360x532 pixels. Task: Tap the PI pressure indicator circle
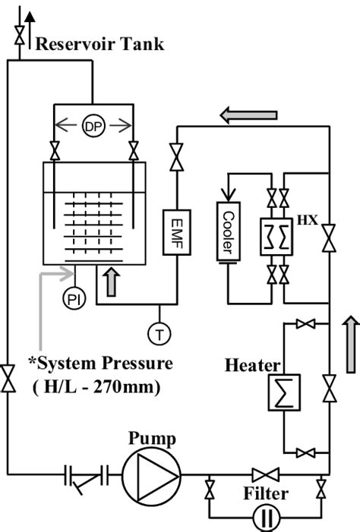73,298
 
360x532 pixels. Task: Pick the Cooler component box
229,232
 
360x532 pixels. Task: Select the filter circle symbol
266,521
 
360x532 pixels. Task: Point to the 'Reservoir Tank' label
99,44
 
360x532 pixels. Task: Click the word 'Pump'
152,439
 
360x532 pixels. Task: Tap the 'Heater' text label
254,366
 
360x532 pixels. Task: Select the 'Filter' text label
267,494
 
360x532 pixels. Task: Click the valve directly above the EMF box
177,158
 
